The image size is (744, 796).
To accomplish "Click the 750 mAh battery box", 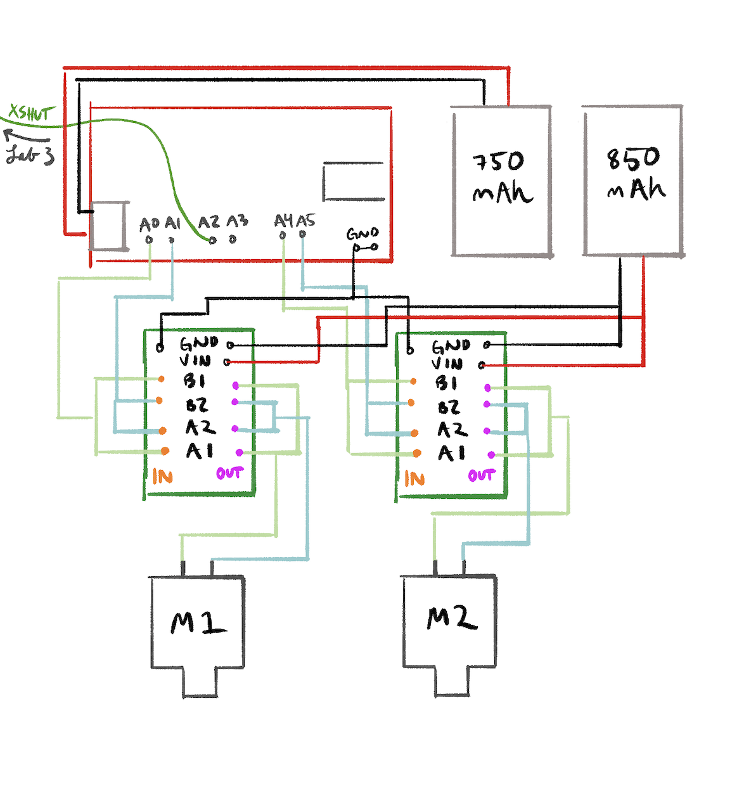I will (x=501, y=181).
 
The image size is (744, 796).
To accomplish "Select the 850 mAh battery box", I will (x=633, y=181).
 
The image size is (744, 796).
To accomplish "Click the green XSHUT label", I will (x=29, y=113).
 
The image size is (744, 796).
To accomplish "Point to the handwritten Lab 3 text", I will (x=30, y=154).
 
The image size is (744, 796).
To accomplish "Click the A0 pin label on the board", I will (x=149, y=224).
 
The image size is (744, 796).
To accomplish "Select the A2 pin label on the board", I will (x=208, y=222).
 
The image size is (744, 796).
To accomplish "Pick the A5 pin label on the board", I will (x=305, y=221).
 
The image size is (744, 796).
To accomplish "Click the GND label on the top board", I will (x=362, y=234).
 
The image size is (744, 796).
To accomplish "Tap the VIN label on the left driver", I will (x=195, y=361).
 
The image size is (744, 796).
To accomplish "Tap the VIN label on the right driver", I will (x=447, y=363).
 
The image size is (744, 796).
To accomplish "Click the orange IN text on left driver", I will (x=162, y=477).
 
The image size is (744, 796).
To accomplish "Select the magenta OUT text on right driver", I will (x=482, y=475).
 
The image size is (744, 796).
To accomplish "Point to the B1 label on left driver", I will (x=195, y=381).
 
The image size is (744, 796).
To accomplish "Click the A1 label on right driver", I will (x=451, y=453).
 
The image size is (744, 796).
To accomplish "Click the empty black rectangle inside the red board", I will (x=354, y=182).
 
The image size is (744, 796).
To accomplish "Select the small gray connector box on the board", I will (x=108, y=226).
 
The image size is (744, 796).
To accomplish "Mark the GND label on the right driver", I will (x=451, y=346).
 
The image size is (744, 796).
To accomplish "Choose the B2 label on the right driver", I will (x=449, y=407).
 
